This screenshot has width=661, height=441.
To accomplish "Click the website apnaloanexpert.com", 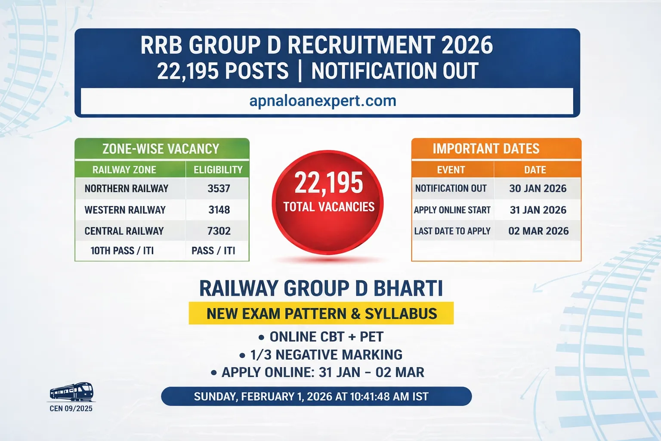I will (x=323, y=101).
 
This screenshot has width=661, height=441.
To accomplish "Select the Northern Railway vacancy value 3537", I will (x=219, y=189).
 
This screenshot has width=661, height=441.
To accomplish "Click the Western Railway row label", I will (x=125, y=210).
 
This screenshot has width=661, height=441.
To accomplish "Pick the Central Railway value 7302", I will (x=219, y=231).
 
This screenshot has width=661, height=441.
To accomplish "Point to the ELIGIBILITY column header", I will (x=218, y=170).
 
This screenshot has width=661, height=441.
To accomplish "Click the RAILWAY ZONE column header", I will (x=124, y=170).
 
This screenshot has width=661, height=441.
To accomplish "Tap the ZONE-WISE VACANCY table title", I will (x=161, y=149).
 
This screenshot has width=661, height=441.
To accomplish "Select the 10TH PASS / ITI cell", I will (x=122, y=251).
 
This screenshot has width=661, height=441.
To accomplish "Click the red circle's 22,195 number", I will (x=329, y=183).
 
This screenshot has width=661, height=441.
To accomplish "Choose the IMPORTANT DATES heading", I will (x=486, y=149).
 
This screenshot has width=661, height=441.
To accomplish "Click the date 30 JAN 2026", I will (x=537, y=189).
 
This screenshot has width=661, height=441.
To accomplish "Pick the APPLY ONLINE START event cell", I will (x=452, y=210).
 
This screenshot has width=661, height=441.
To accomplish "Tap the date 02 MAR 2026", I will (x=538, y=231).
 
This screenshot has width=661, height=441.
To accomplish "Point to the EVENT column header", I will (x=451, y=170).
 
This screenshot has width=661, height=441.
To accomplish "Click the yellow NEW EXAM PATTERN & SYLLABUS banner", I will (x=321, y=314).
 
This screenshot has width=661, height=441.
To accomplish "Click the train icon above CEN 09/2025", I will (x=71, y=392).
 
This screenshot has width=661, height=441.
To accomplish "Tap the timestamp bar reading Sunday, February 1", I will (x=316, y=397).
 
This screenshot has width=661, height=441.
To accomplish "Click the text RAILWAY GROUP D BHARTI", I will (x=321, y=289).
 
